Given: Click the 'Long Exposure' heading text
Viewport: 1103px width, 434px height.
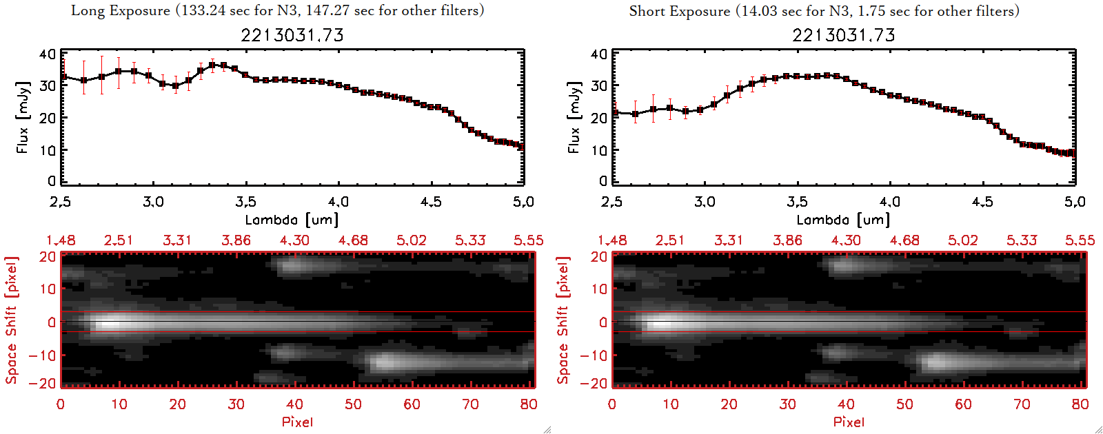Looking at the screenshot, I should (121, 10).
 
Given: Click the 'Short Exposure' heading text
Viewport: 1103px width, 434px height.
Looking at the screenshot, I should (679, 11).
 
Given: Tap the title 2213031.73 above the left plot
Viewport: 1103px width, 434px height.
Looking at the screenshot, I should (292, 35).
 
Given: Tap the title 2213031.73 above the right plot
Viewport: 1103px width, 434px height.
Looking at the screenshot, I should (844, 35).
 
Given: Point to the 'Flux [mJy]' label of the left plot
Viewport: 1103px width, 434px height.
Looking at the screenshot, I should (23, 117).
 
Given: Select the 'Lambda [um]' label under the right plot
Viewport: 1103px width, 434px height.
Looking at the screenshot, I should (843, 220).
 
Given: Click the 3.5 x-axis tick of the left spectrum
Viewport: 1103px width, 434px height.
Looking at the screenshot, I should (245, 202).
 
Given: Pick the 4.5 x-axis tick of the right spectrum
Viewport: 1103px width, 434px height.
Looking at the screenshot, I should (982, 202).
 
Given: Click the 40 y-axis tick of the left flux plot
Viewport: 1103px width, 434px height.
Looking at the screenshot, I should (48, 54).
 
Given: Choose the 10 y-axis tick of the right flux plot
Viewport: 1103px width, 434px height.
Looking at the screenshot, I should (599, 149).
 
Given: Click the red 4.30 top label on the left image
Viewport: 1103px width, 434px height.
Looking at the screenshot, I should (294, 240).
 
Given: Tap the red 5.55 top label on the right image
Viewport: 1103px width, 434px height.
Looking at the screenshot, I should (1080, 240).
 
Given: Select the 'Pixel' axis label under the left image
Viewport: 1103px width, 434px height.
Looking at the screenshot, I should (297, 422).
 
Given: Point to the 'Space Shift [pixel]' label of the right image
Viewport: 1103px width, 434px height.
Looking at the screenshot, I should (563, 320).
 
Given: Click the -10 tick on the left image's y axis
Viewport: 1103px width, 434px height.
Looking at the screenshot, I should (43, 355).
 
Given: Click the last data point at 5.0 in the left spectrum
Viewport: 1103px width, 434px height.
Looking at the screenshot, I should (522, 147).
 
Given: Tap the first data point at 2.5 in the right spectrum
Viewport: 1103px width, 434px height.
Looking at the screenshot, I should (614, 113).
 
